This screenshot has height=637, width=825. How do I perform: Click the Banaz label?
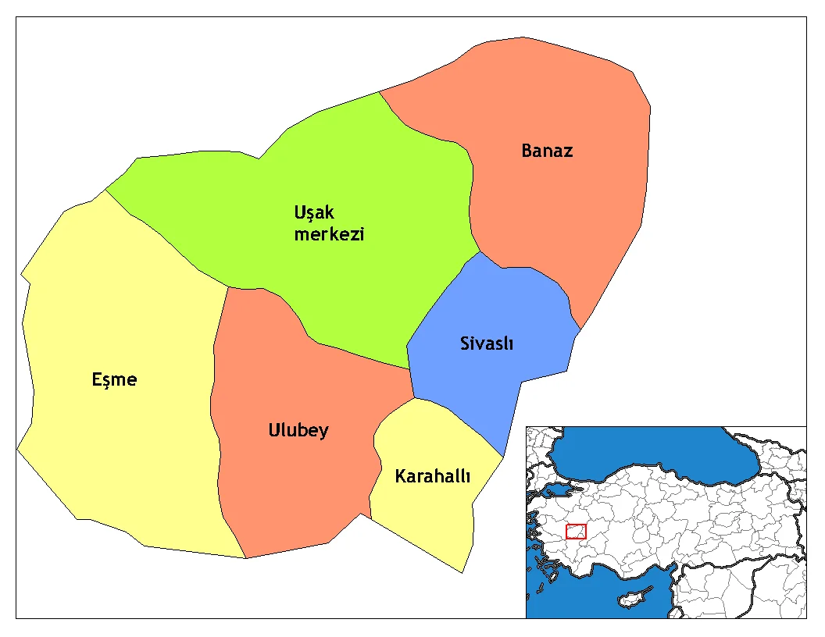pyautogui.click(x=547, y=151)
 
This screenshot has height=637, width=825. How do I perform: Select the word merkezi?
pyautogui.click(x=329, y=234)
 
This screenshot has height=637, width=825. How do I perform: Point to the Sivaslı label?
pyautogui.click(x=486, y=343)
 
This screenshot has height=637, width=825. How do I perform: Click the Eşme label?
pyautogui.click(x=114, y=379)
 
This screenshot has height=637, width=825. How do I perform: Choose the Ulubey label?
pyautogui.click(x=298, y=430)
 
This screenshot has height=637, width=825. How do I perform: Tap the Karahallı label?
pyautogui.click(x=432, y=475)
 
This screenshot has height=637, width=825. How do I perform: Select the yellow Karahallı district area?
pyautogui.click(x=426, y=515)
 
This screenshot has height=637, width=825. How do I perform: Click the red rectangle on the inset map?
pyautogui.click(x=576, y=531)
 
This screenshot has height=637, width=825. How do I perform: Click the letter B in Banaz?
pyautogui.click(x=527, y=151)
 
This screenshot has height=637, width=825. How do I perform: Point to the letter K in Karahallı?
pyautogui.click(x=400, y=475)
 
